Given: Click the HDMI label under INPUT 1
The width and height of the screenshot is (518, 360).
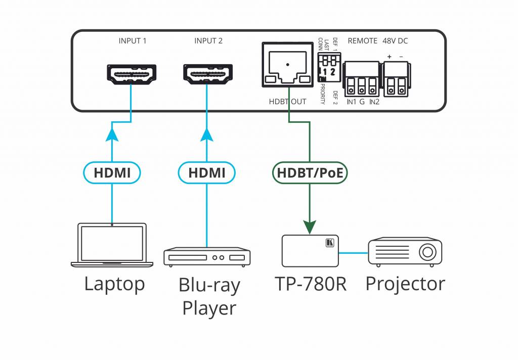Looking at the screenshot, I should coord(112,172).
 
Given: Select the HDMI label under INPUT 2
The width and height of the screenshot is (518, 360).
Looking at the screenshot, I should coord(207,172).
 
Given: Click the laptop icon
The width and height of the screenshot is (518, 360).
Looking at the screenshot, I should coord(112,245).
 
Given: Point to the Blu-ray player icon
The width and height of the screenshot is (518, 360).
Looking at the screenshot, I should coord(207,257).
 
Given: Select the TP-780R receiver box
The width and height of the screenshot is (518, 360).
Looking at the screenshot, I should coord(310,251).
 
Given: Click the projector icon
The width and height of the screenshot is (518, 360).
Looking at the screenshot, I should coord(405,251).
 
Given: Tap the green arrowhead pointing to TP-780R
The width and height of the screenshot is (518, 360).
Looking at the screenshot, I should coord(310,227).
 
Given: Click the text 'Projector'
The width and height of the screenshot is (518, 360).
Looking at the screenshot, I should coord(405,284).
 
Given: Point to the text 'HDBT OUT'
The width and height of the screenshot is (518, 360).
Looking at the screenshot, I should coord(287,102).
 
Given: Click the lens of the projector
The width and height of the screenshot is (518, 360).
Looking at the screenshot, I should coord(426,251).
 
